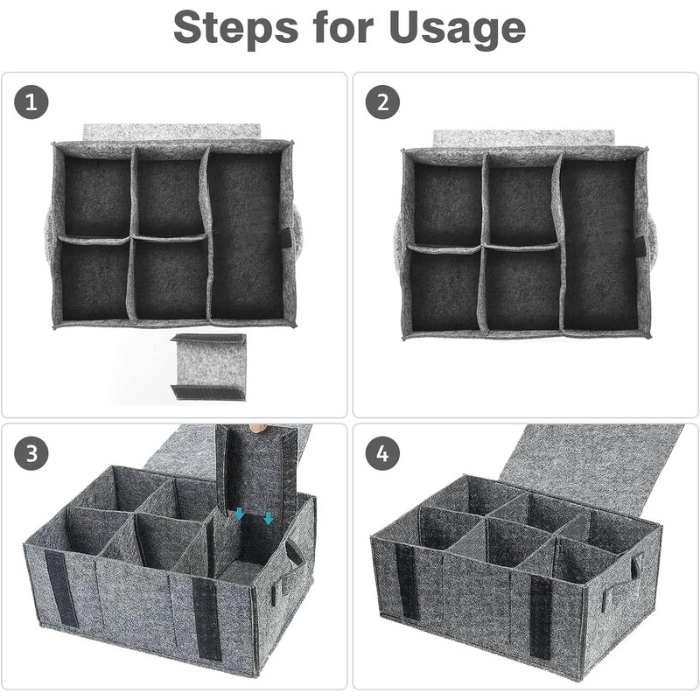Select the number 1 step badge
click(31, 102)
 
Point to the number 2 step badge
click(381, 102)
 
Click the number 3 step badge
click(31, 453)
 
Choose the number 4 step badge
click(381, 453)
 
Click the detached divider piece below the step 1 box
click(208, 367)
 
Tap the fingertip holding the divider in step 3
click(256, 428)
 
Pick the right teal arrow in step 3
click(269, 518)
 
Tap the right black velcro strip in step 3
click(206, 618)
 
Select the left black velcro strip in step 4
click(407, 582)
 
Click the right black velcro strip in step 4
click(541, 617)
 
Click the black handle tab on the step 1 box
click(285, 237)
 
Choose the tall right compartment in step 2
click(598, 244)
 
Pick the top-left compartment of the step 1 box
click(95, 196)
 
